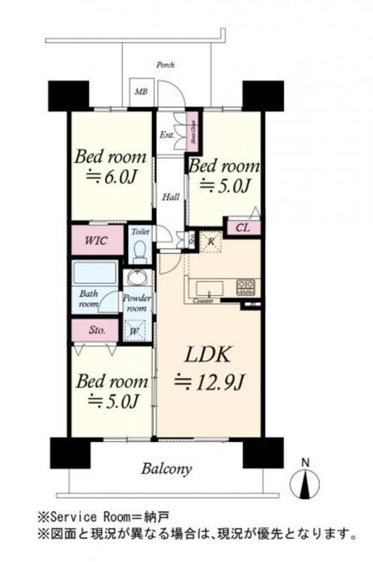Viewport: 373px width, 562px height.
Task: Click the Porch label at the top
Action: click(x=165, y=65)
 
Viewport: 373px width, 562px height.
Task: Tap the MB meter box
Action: click(x=140, y=93)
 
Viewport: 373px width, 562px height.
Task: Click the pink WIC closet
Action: click(x=95, y=241)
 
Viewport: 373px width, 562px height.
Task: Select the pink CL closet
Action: click(x=243, y=227)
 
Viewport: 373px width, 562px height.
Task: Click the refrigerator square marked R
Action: click(x=212, y=242)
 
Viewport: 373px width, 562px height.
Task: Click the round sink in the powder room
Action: click(x=136, y=279)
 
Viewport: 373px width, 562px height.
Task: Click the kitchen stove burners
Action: click(x=246, y=287)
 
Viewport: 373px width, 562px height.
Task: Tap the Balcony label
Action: click(x=166, y=469)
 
